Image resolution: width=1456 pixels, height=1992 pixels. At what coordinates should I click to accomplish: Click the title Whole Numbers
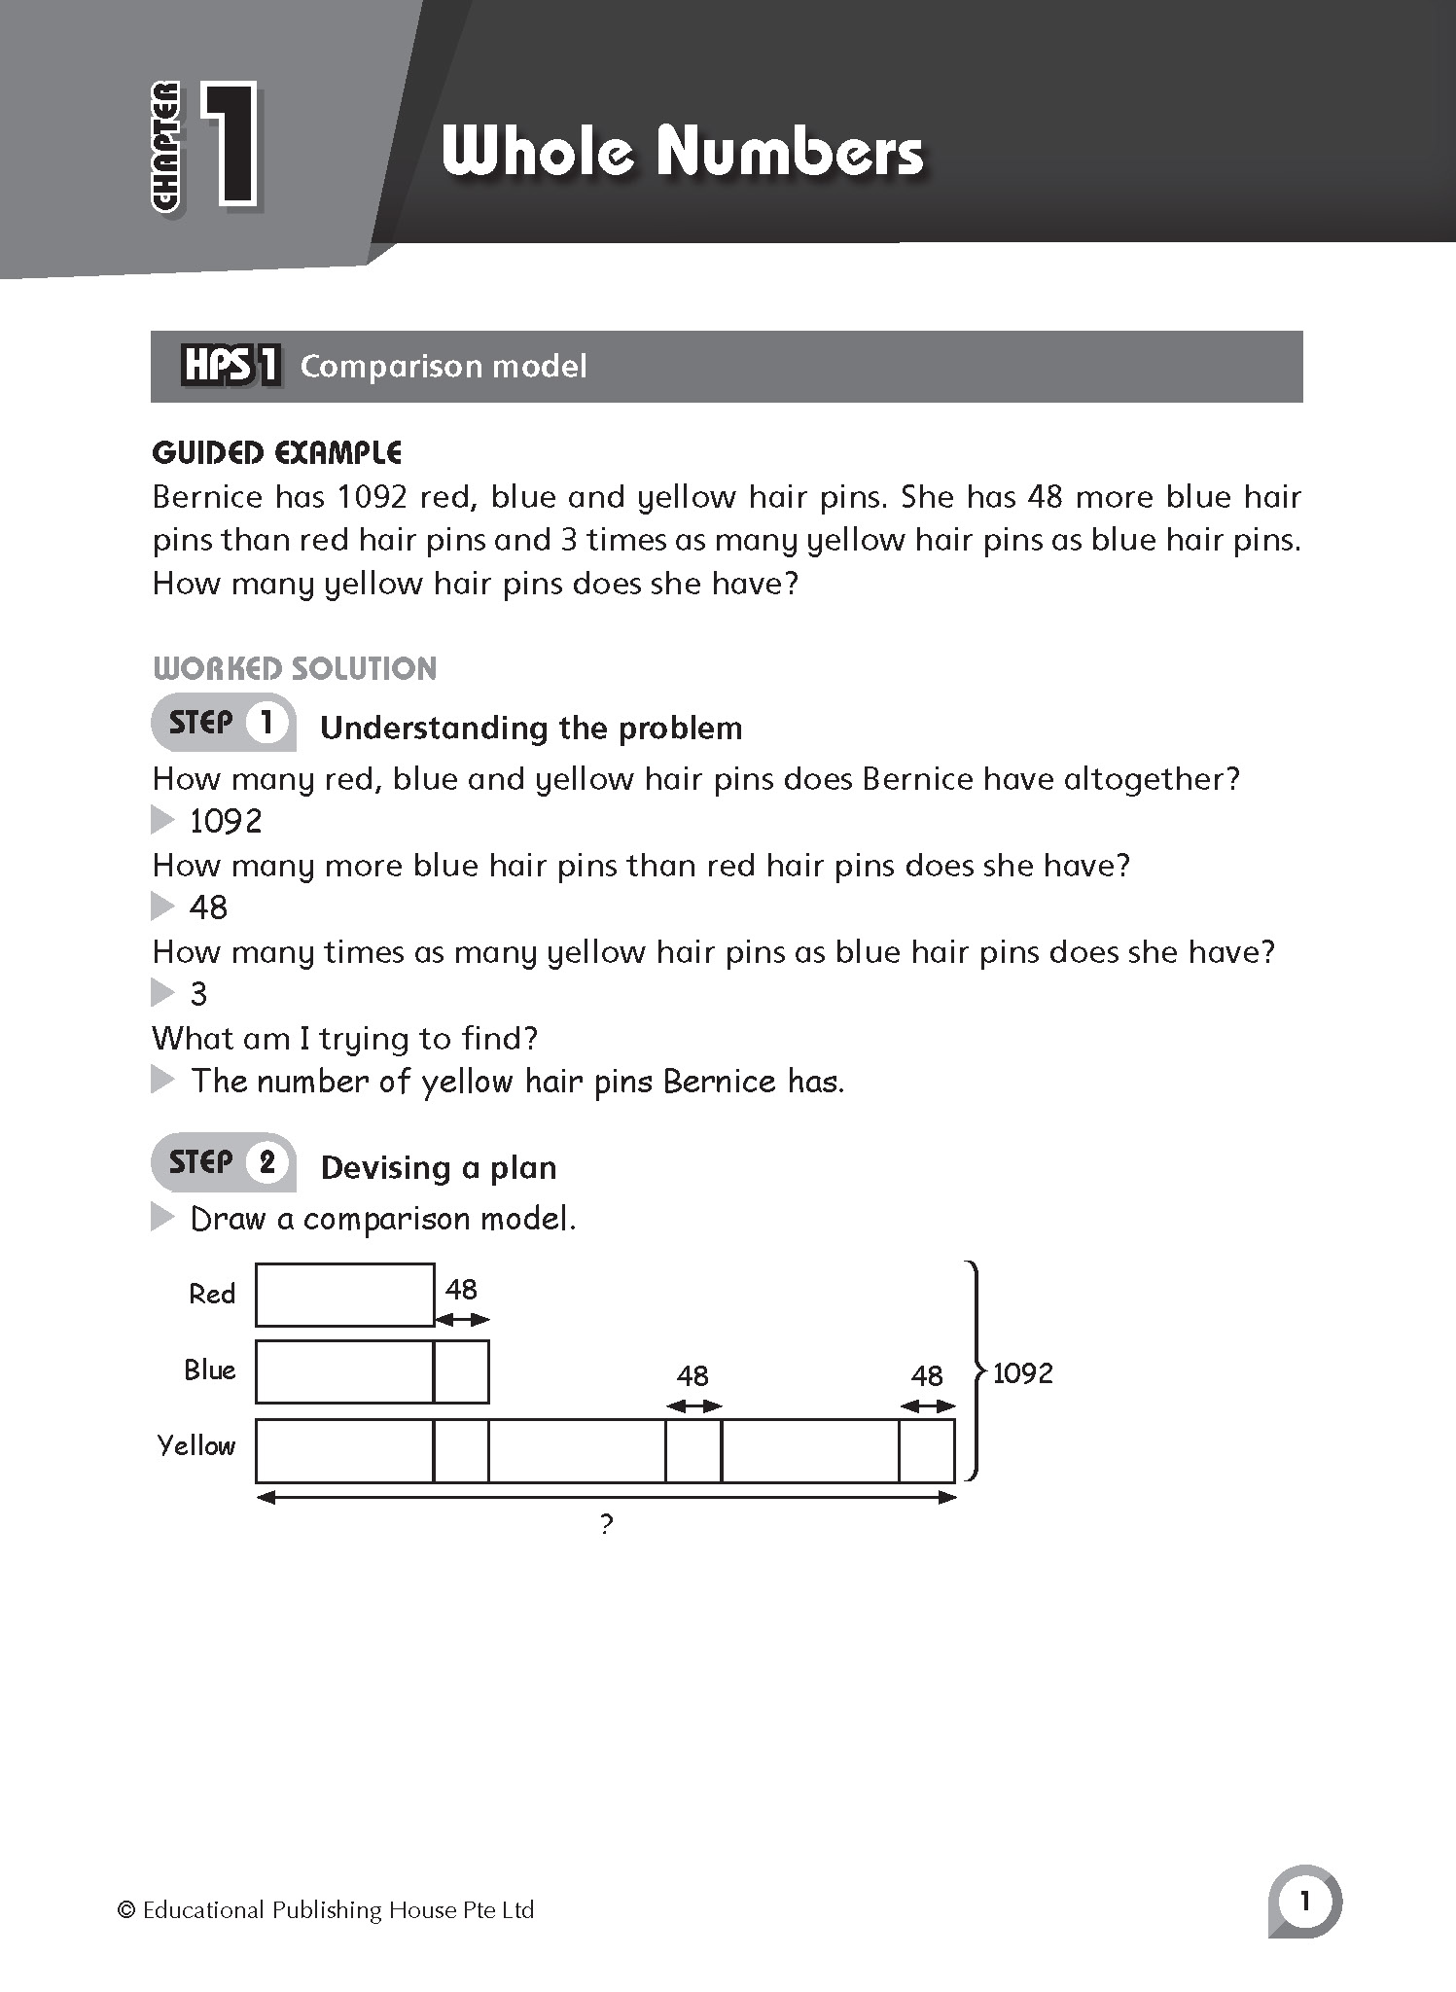tap(682, 153)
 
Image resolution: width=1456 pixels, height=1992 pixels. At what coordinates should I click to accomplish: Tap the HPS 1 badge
tap(231, 367)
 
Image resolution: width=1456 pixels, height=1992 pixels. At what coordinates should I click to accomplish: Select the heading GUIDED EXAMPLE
tap(277, 452)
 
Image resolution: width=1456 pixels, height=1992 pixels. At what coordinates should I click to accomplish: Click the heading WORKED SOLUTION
tap(295, 668)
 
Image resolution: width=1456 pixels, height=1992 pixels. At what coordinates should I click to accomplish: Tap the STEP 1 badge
tap(224, 723)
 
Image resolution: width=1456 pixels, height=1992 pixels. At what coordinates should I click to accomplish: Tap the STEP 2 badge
tap(224, 1162)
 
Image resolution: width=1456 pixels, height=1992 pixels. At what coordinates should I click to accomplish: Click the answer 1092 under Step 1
tap(226, 822)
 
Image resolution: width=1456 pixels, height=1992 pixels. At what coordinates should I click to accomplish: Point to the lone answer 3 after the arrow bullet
tap(198, 994)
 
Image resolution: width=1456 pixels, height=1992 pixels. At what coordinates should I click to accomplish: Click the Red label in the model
tap(212, 1295)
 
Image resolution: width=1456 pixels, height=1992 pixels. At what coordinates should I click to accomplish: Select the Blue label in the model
tap(210, 1370)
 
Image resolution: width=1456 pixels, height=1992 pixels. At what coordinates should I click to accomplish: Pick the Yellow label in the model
tap(196, 1446)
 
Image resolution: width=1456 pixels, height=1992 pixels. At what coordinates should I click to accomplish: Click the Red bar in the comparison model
tap(344, 1295)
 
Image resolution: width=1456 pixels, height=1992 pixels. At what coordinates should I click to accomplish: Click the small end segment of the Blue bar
tap(461, 1372)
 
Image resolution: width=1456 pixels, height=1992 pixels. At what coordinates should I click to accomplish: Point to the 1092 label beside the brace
tap(1022, 1373)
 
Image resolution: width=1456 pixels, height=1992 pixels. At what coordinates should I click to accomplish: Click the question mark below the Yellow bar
tap(606, 1524)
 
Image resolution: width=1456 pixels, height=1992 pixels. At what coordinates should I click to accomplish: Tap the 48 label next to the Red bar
tap(461, 1290)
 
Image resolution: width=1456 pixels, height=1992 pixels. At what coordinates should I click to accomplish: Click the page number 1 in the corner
tap(1304, 1902)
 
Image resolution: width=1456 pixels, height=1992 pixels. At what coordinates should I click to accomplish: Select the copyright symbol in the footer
tap(125, 1910)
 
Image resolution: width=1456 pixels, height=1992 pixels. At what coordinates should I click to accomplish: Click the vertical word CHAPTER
tap(166, 146)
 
